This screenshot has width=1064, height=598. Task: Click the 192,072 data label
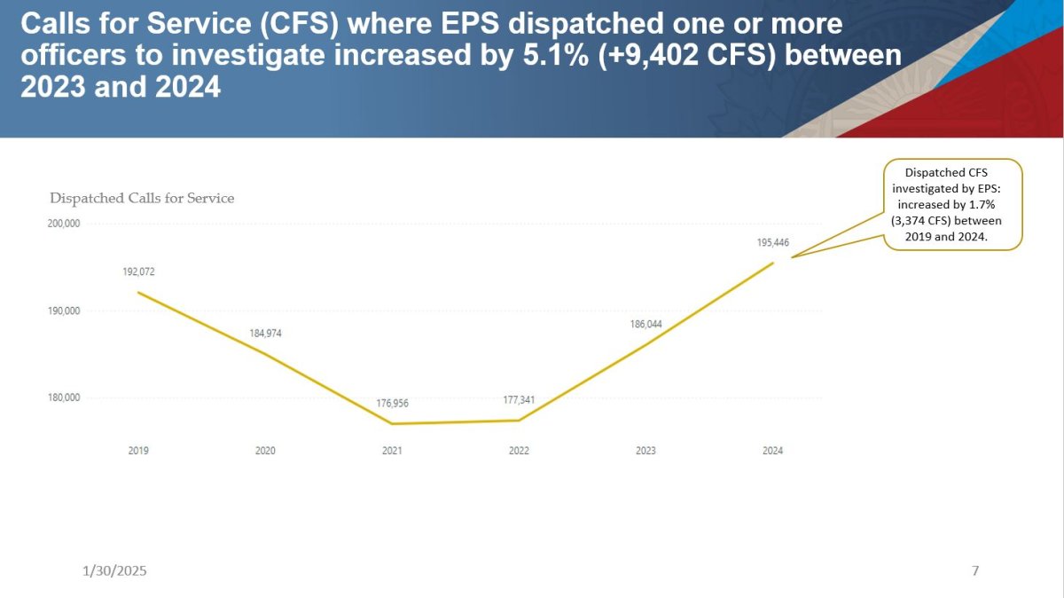pyautogui.click(x=138, y=271)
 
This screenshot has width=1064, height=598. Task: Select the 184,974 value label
pyautogui.click(x=265, y=334)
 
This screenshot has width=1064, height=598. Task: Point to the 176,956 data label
pyautogui.click(x=392, y=403)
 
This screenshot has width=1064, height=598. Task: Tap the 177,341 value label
pyautogui.click(x=519, y=400)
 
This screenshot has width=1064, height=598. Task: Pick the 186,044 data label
pyautogui.click(x=645, y=325)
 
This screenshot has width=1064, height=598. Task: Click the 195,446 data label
pyautogui.click(x=772, y=242)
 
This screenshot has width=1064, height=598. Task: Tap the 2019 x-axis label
pyautogui.click(x=138, y=451)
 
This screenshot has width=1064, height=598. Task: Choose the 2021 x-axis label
pyautogui.click(x=392, y=451)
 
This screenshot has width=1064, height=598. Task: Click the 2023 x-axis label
pyautogui.click(x=645, y=451)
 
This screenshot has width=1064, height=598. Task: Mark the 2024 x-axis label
pyautogui.click(x=772, y=451)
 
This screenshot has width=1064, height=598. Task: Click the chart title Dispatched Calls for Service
pyautogui.click(x=142, y=199)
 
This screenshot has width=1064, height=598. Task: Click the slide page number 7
pyautogui.click(x=975, y=570)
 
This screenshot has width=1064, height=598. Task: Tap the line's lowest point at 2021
pyautogui.click(x=392, y=424)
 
